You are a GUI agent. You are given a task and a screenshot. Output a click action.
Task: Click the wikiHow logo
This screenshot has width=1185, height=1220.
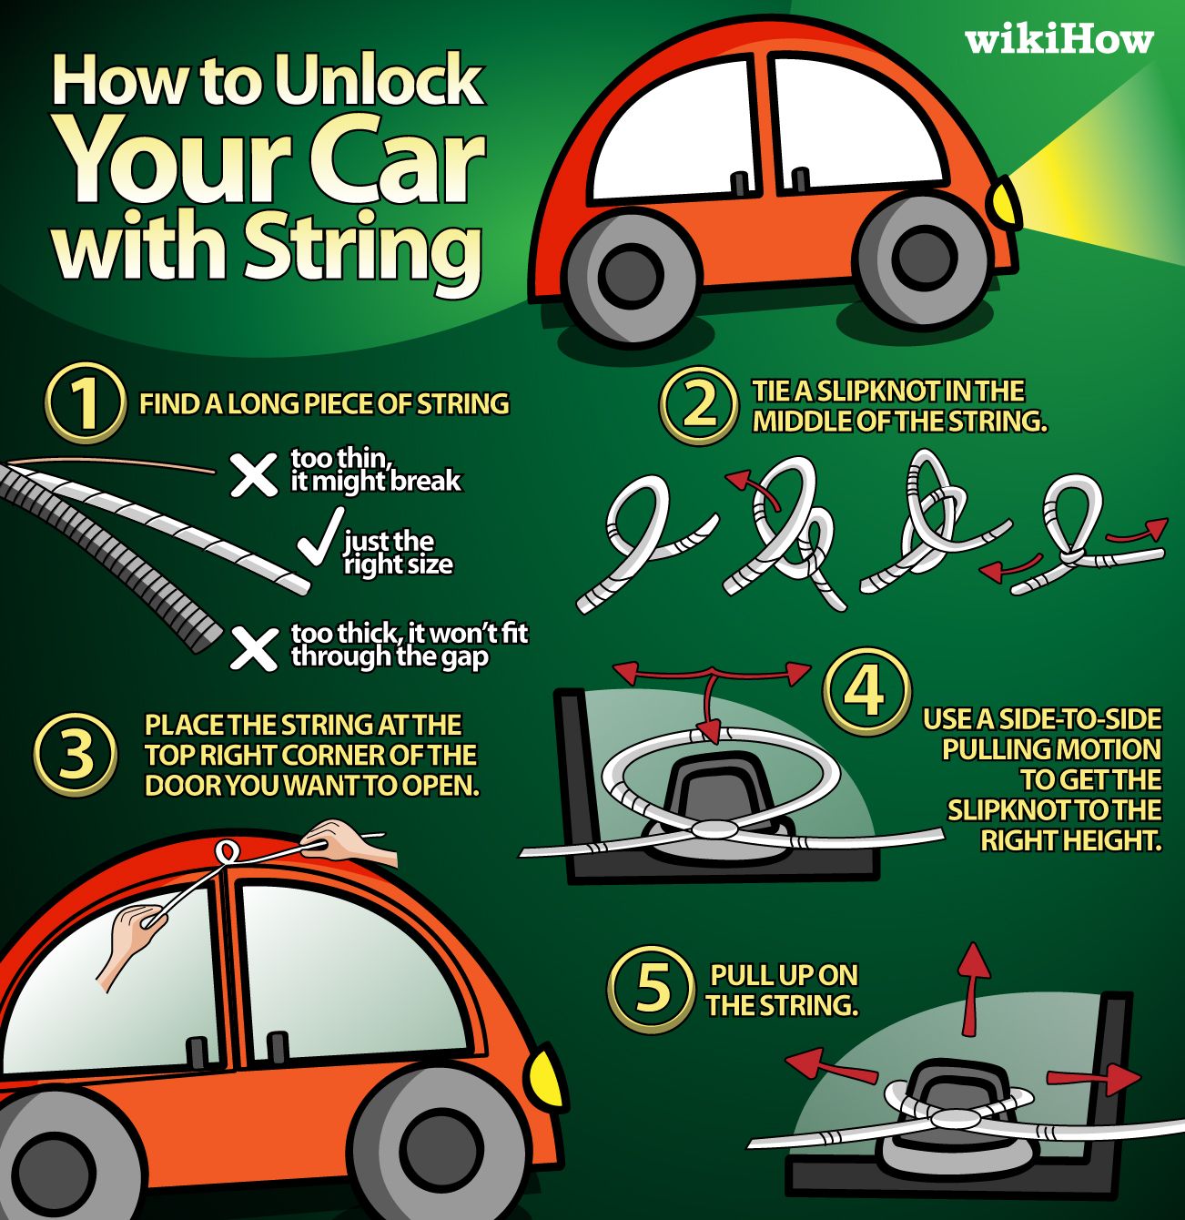pos(1058,39)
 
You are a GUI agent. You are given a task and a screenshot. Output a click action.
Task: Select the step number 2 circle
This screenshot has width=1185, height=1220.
pos(698,404)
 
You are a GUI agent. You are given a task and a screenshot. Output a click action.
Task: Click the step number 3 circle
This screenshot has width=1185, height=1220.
pos(76,755)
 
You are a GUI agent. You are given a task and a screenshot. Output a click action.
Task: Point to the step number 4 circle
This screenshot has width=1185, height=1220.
pos(866,691)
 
